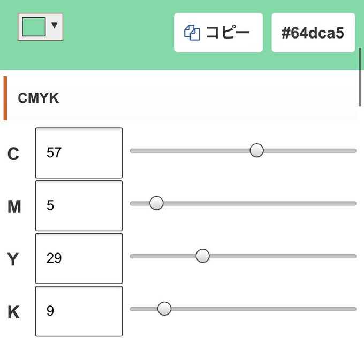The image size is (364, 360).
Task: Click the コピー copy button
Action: [218, 33]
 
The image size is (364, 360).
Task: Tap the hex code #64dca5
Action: [313, 33]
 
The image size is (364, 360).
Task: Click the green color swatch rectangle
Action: [34, 27]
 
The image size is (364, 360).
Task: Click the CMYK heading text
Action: [39, 98]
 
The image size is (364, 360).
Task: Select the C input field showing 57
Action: [79, 153]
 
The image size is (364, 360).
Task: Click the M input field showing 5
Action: [79, 206]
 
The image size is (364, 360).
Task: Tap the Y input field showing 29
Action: [79, 258]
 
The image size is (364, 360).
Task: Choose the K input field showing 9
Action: [79, 311]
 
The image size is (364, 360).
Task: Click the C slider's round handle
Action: [256, 150]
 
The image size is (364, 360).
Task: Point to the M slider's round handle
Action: [156, 203]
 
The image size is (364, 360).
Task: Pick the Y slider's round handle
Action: [203, 256]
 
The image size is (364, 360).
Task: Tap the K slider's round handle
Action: [164, 309]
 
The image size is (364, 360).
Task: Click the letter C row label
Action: [13, 154]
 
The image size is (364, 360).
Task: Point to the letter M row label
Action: [14, 206]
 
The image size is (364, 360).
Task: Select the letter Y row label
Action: [13, 259]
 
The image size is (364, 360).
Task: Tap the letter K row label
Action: [13, 312]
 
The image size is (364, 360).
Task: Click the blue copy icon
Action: [192, 33]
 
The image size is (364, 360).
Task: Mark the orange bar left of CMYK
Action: [5, 98]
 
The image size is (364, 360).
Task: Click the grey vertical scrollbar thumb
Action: [360, 77]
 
